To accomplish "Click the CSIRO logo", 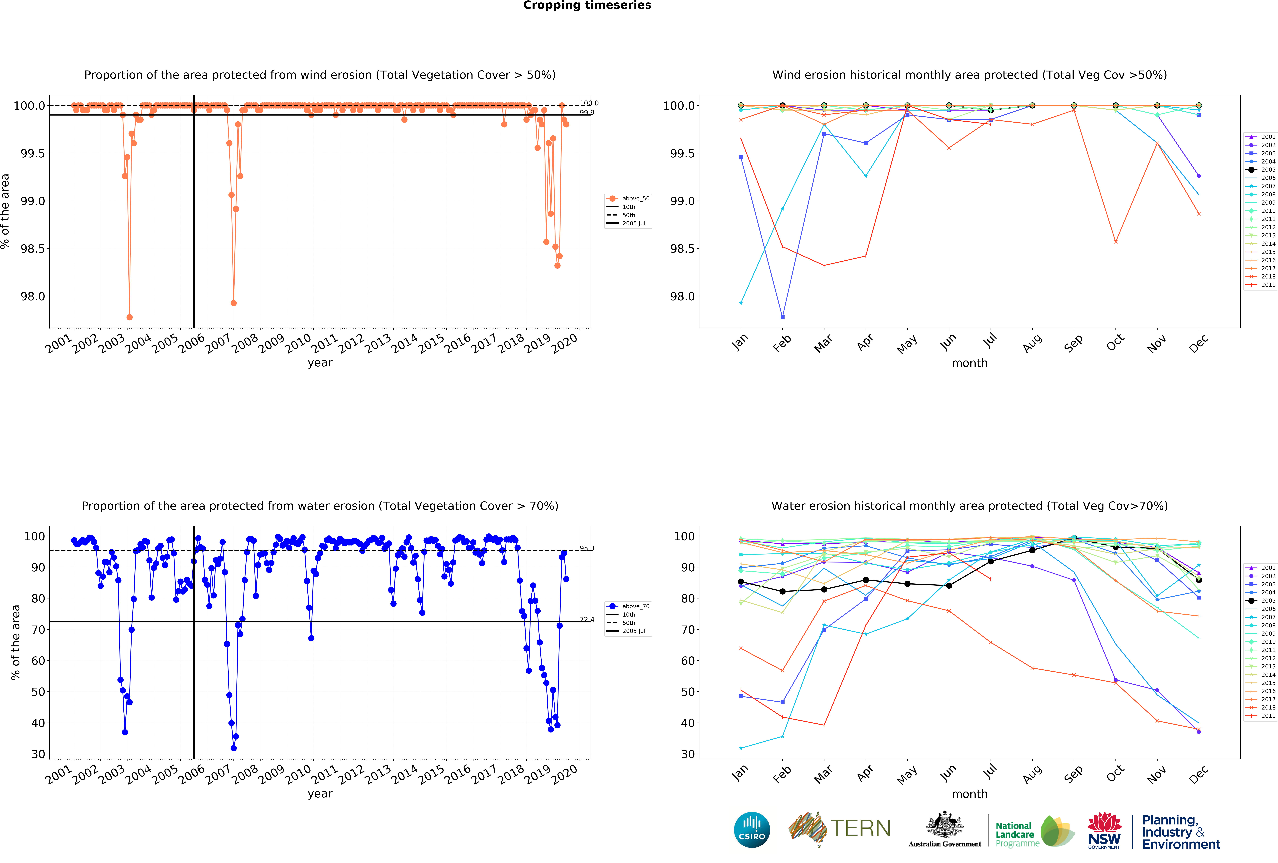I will pos(752,829).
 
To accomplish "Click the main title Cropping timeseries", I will pos(587,6).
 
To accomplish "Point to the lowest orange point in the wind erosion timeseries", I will pos(129,317).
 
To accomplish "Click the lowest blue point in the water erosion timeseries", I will pos(234,748).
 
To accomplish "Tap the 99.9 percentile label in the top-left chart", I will pos(587,113).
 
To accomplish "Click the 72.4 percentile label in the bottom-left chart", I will pos(587,620).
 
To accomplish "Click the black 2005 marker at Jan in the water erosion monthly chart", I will pos(741,582).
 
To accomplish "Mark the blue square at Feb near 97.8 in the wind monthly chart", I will pos(783,317).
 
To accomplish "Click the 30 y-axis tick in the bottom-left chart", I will pos(38,754).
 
